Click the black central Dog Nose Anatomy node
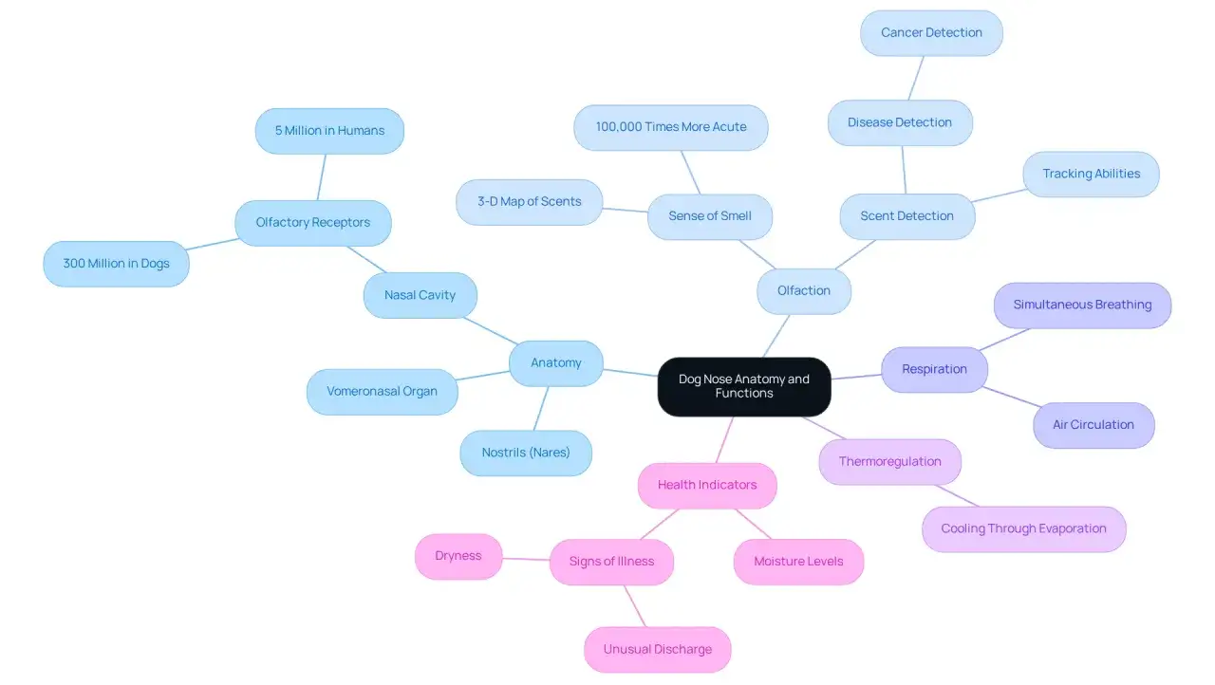[744, 386]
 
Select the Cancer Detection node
[931, 32]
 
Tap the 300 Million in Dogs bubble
[116, 264]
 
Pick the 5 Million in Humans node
[329, 131]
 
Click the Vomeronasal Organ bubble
[382, 391]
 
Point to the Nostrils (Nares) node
[526, 453]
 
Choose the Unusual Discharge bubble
[658, 649]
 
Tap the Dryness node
[458, 556]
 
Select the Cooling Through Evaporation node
[1023, 528]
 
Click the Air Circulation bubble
[1093, 425]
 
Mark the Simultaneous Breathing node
[1082, 305]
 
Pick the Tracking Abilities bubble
[1091, 174]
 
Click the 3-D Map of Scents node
[529, 202]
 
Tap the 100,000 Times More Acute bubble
[671, 127]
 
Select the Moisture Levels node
[798, 562]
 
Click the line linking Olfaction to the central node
[776, 336]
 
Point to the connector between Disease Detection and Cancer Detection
[916, 78]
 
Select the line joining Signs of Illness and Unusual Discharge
[635, 606]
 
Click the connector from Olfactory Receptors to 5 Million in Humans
[321, 177]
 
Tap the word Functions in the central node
[744, 394]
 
